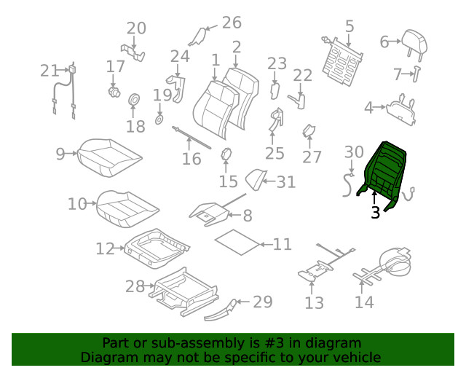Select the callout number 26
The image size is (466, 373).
(x=231, y=23)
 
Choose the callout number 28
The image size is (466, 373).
(x=135, y=286)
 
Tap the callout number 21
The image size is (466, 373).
(x=50, y=71)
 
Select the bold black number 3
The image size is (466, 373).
(x=375, y=213)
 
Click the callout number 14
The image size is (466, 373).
(x=365, y=301)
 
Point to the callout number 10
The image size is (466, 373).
(x=77, y=204)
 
